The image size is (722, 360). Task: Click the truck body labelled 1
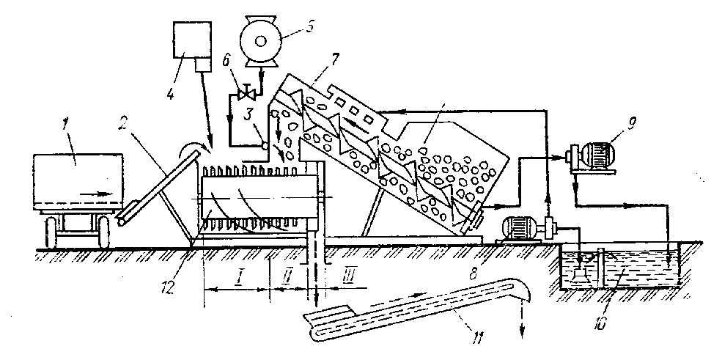point(77,180)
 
